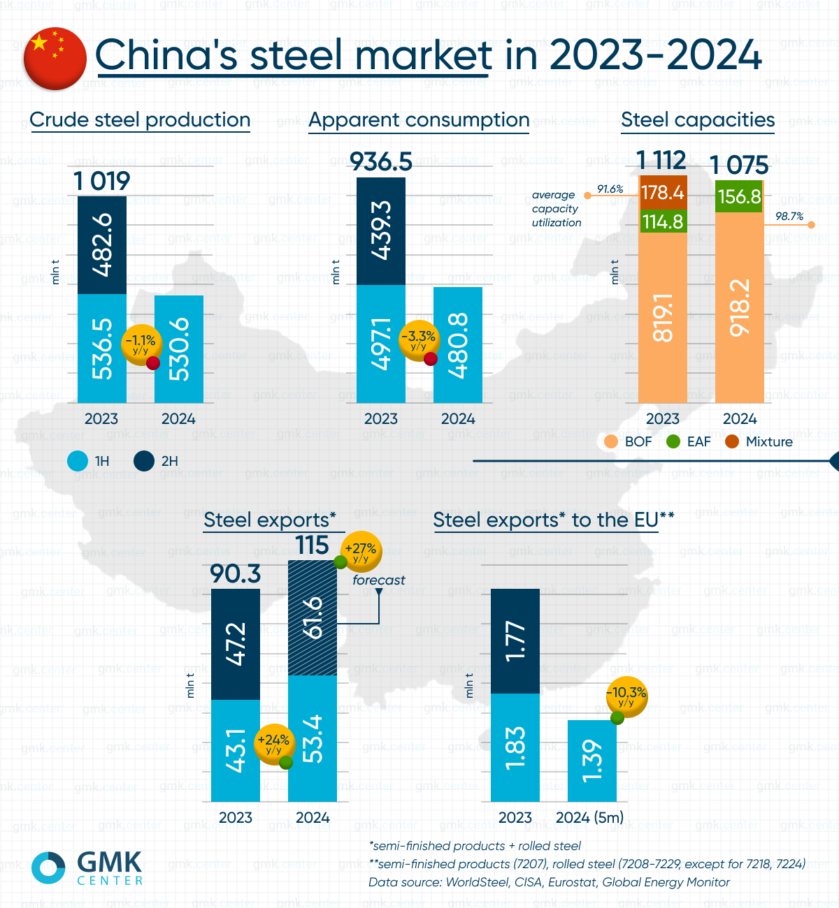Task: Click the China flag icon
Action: [x=55, y=59]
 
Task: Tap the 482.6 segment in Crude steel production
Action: [x=102, y=245]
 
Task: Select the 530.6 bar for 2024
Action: [x=179, y=349]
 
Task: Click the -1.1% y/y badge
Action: [x=141, y=343]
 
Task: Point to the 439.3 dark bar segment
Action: [x=381, y=231]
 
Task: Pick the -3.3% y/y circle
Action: [x=418, y=340]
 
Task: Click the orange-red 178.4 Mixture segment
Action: [x=663, y=192]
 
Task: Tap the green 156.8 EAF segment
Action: [x=739, y=196]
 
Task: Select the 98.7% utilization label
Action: [x=789, y=217]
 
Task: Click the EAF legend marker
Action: [x=673, y=441]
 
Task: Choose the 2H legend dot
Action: [x=144, y=461]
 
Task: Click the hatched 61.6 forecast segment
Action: [x=313, y=617]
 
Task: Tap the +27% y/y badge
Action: [x=361, y=552]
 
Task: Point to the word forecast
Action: [x=378, y=580]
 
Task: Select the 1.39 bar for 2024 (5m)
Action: [x=592, y=761]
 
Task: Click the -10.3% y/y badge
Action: [x=626, y=696]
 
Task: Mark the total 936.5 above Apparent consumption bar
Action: [x=381, y=162]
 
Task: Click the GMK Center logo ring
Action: [x=48, y=867]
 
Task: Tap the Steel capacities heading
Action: [x=698, y=120]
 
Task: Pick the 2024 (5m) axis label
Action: [x=589, y=817]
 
